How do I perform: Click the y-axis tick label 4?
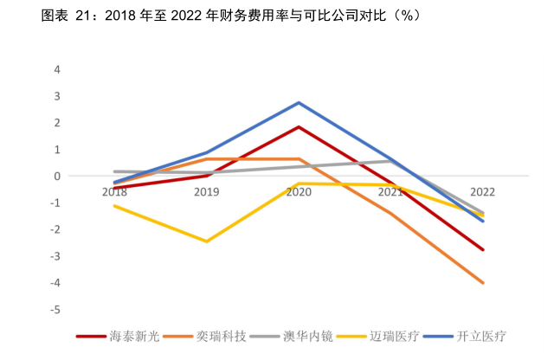tap(57, 69)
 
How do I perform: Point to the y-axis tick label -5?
tap(55, 310)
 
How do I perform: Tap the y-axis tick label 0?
tap(57, 176)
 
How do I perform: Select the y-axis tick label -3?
tap(55, 256)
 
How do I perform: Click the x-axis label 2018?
tap(114, 192)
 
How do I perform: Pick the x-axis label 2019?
tap(206, 192)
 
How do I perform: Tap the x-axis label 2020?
tap(299, 192)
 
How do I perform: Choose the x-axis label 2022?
tap(482, 192)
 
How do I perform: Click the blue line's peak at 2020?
tap(299, 103)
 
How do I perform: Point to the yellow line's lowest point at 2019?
tap(206, 241)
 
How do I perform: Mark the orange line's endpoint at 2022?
tap(482, 283)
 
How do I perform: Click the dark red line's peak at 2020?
tap(299, 127)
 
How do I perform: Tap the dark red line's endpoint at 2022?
tap(482, 249)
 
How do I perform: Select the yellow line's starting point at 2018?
tap(114, 206)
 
